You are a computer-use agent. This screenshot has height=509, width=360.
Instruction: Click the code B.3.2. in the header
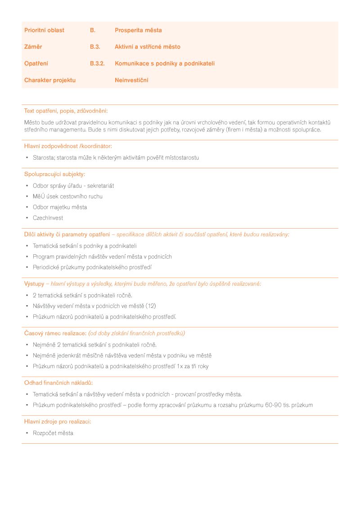(97, 63)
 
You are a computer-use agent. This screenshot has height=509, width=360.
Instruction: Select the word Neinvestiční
(131, 80)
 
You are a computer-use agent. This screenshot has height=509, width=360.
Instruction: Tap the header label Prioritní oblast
(44, 30)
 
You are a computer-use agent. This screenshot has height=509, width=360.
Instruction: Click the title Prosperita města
(138, 30)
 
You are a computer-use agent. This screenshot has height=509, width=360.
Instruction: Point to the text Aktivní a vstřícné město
(148, 47)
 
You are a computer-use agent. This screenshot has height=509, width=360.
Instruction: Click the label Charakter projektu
(50, 80)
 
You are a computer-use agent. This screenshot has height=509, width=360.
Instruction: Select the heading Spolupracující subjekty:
(54, 174)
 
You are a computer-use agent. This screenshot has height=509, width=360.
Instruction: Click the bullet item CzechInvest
(48, 218)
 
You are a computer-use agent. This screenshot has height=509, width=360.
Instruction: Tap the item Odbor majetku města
(60, 207)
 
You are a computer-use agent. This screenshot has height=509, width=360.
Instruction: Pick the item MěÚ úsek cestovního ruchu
(67, 196)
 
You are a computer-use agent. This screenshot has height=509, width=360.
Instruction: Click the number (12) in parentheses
(151, 306)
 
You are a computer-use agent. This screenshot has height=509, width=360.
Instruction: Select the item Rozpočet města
(53, 433)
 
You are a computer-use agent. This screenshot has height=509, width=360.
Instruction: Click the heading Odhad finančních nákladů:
(58, 383)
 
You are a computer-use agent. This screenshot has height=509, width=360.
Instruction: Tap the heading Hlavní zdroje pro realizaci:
(58, 422)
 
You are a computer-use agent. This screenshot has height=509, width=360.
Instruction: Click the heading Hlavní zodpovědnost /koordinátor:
(68, 146)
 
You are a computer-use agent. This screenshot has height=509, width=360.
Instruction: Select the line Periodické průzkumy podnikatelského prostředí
(92, 267)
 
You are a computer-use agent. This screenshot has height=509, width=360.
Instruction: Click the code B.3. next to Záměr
(95, 47)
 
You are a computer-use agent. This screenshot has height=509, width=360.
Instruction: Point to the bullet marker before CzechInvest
(27, 218)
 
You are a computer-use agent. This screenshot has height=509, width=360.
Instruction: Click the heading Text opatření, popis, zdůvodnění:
(66, 111)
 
